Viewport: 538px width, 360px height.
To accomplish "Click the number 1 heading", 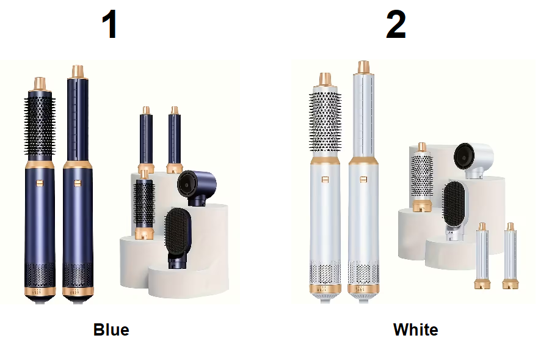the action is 111,24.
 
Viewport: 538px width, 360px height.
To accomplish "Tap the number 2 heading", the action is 396,24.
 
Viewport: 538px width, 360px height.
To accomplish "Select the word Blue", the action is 111,330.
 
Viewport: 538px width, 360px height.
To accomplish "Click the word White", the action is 415,330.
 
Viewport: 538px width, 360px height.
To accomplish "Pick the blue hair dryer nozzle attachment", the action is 196,187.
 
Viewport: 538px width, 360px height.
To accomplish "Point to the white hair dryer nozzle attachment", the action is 473,160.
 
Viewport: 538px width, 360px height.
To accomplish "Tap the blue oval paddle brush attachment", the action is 178,237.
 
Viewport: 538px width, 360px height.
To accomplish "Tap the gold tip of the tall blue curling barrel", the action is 78,72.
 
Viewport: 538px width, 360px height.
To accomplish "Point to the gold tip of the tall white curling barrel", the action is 363,67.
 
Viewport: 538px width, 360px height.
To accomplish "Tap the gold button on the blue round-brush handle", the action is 40,183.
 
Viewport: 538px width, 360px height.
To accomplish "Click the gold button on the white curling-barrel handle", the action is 363,179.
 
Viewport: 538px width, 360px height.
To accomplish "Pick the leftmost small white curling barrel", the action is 482,255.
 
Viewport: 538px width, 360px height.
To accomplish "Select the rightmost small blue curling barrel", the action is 175,140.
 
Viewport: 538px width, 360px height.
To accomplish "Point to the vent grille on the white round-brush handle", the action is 325,272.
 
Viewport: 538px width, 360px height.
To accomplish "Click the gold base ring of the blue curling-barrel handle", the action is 78,292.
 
